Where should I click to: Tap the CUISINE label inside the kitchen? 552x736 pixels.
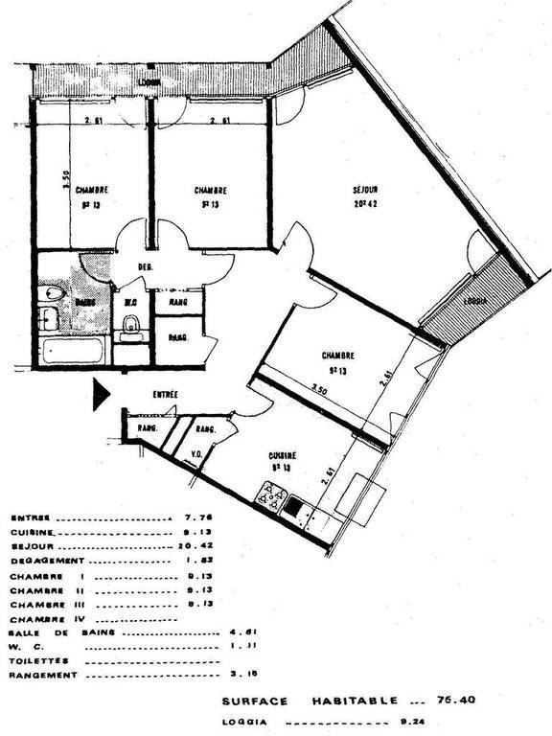pyautogui.click(x=282, y=455)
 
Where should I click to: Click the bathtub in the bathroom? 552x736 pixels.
pyautogui.click(x=73, y=349)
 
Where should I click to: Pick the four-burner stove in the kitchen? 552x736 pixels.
pyautogui.click(x=270, y=496)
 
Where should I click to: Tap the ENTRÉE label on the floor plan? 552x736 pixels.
pyautogui.click(x=165, y=395)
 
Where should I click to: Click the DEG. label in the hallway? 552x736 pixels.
pyautogui.click(x=146, y=266)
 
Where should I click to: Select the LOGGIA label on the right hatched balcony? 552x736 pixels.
pyautogui.click(x=475, y=300)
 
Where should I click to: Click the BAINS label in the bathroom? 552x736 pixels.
pyautogui.click(x=83, y=302)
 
